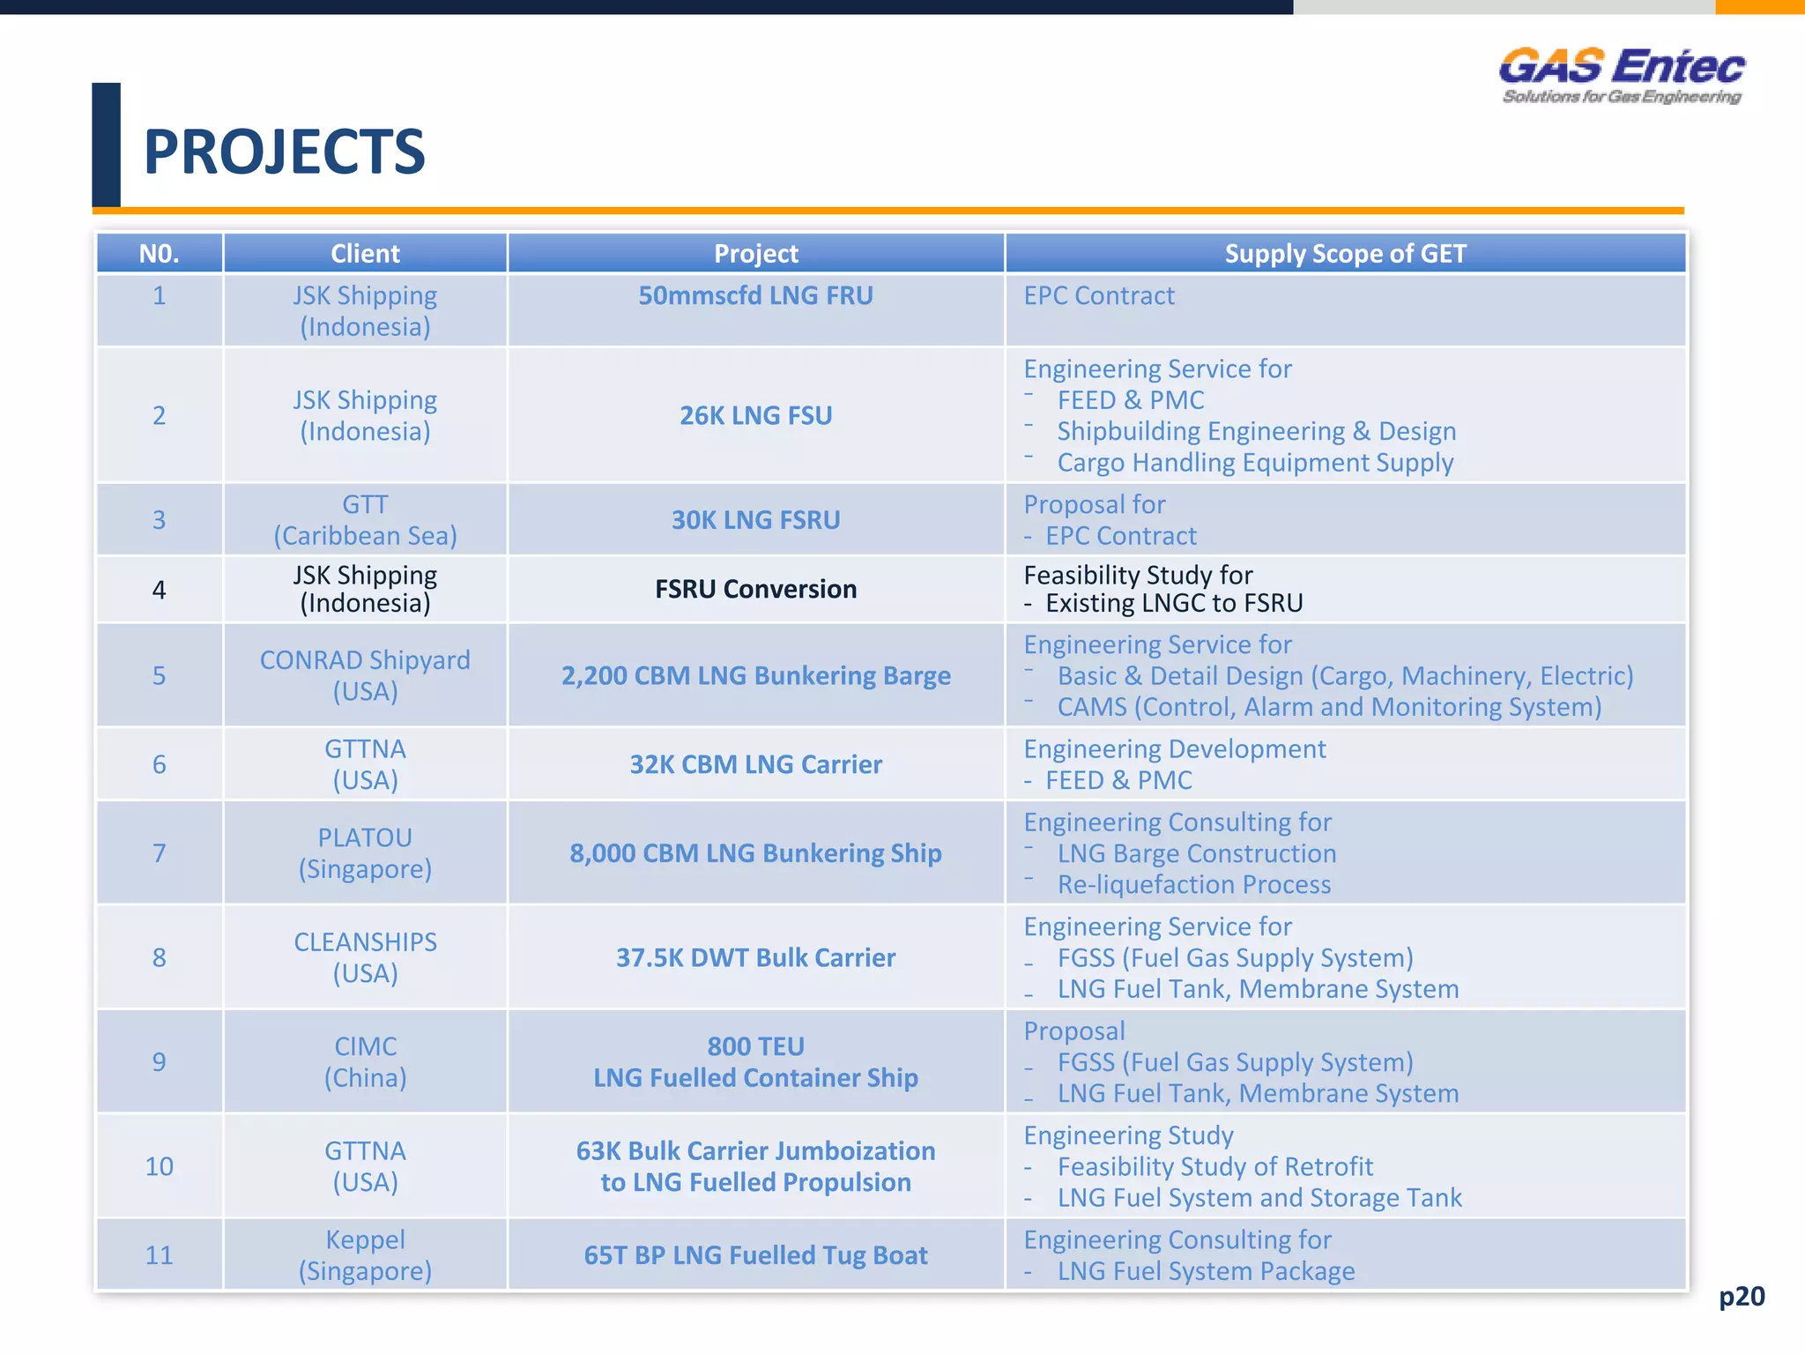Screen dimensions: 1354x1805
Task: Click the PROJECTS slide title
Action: (284, 152)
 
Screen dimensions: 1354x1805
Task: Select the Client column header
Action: (365, 254)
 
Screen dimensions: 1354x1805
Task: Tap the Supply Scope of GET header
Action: (1345, 254)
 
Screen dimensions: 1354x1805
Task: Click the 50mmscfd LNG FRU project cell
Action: (755, 296)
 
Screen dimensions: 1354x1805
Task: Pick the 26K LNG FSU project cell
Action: (755, 415)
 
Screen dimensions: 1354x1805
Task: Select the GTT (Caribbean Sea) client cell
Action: (365, 520)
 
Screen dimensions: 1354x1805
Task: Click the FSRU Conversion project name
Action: (755, 589)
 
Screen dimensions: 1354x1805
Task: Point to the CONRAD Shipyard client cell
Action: (365, 675)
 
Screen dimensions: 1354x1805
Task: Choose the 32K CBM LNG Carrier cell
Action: (755, 764)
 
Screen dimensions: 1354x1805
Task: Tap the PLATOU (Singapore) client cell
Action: (365, 852)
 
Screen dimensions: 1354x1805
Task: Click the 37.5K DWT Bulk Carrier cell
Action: (755, 957)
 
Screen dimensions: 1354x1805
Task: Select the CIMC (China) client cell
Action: (365, 1061)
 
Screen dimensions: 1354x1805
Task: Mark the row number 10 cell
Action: (159, 1166)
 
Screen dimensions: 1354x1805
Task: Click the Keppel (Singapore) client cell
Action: (365, 1255)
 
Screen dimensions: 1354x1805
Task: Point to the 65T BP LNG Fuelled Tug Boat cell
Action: (755, 1255)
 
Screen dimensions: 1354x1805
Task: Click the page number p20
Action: (1742, 1296)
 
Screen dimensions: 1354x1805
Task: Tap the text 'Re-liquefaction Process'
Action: (1194, 884)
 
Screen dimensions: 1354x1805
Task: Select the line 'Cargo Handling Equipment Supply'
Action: (1255, 463)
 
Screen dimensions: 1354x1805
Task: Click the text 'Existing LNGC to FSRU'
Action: (1174, 604)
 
